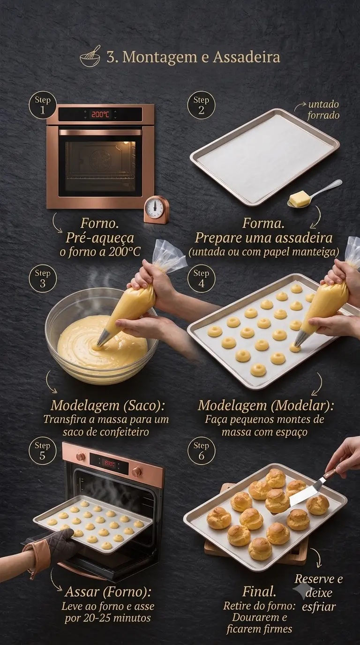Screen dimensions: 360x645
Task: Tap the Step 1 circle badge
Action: coord(43,105)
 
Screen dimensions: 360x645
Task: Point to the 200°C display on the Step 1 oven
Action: coord(100,114)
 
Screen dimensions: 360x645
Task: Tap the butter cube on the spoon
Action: coord(299,199)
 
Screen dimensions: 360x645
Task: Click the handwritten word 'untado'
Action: coord(323,105)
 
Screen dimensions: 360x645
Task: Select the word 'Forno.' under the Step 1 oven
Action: coord(100,223)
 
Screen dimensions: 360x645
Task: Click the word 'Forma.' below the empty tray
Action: coord(263,223)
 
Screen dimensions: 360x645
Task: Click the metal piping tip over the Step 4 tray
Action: coord(300,338)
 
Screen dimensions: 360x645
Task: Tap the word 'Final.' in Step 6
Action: coord(259,591)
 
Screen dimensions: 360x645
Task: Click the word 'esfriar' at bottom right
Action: coord(319,607)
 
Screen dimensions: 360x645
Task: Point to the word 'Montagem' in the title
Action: coord(160,58)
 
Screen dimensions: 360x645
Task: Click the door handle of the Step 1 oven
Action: coord(100,133)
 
